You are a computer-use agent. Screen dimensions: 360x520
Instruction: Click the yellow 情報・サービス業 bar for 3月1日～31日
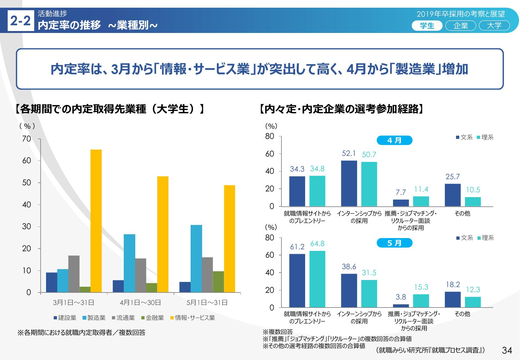click(96, 221)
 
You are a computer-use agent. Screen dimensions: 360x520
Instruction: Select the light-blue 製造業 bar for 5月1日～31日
click(196, 259)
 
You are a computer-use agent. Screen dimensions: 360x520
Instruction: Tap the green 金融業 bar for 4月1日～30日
click(152, 288)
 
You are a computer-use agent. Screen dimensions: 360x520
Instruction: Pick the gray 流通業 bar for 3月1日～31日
click(74, 274)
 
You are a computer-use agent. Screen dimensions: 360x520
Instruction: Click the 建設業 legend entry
click(65, 318)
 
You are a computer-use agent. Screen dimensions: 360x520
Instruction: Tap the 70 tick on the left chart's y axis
click(27, 139)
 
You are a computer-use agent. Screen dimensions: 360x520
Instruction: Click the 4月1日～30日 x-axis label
click(140, 302)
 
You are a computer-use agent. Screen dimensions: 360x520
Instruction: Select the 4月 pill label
click(394, 140)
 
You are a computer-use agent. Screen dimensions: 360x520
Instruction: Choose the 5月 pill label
click(394, 243)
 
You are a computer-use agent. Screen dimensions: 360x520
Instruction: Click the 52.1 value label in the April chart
click(349, 154)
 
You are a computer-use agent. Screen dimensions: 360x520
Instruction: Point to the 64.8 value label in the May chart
click(317, 244)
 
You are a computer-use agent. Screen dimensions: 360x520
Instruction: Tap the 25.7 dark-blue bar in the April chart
click(453, 195)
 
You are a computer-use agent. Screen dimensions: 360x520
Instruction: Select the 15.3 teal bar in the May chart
click(421, 301)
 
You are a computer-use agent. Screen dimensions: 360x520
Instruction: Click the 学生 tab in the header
click(427, 26)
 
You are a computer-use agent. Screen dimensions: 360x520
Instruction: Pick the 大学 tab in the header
click(494, 26)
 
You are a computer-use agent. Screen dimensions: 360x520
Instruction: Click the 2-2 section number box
click(21, 21)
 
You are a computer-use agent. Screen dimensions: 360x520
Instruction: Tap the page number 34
click(507, 350)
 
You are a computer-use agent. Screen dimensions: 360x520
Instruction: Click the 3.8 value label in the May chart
click(401, 297)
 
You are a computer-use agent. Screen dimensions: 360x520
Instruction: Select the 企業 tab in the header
click(461, 26)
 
